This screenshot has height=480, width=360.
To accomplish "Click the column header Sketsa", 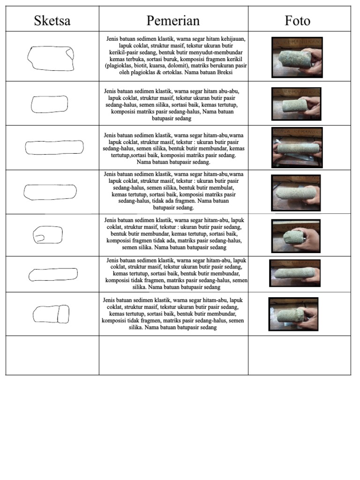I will click(52, 21).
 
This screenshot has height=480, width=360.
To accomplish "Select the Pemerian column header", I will click(173, 21).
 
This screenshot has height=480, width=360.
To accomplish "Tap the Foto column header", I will click(298, 21).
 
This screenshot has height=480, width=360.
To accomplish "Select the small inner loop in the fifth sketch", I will click(39, 238).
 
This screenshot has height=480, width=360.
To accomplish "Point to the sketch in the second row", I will click(49, 104).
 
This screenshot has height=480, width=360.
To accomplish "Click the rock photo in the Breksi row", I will click(297, 57).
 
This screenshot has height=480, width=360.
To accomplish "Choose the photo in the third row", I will click(297, 147).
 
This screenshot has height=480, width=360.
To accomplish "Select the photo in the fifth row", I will click(295, 236).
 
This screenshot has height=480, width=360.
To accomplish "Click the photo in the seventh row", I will click(293, 314).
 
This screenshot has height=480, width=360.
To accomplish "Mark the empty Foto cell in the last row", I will click(299, 355).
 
